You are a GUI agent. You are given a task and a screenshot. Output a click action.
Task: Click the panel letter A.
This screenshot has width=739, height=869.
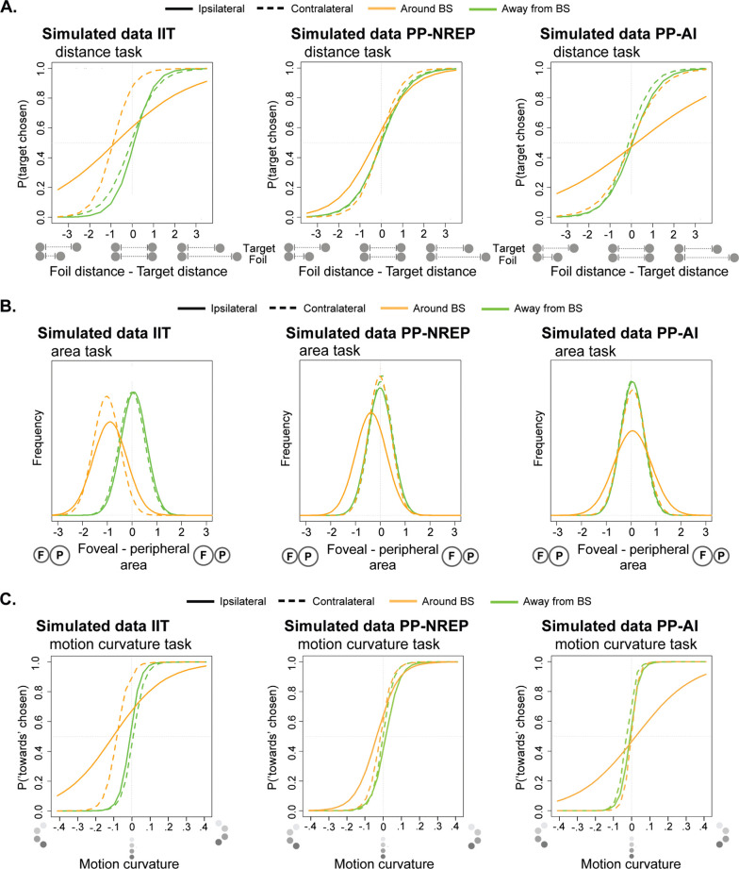[x=8, y=8]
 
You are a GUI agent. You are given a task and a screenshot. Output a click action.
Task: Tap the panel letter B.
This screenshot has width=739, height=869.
[x=8, y=306]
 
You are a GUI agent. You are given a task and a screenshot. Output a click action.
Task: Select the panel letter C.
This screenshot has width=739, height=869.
[x=8, y=599]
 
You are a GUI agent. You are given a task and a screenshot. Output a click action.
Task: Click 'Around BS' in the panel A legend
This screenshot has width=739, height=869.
[x=426, y=8]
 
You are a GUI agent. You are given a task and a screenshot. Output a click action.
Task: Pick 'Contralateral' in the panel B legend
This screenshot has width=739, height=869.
[x=335, y=309]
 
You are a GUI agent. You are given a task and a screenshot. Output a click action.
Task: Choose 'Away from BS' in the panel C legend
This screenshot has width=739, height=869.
[x=557, y=601]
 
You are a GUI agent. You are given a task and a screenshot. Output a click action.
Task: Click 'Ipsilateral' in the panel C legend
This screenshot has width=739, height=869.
[x=242, y=601]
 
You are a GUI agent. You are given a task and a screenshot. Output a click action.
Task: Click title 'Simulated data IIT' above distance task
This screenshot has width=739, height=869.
[x=108, y=34]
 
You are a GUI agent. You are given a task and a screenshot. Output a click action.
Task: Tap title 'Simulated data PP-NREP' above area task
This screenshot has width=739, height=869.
[x=378, y=333]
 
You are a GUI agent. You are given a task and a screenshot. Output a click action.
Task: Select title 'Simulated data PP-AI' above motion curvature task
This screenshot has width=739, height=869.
[x=619, y=626]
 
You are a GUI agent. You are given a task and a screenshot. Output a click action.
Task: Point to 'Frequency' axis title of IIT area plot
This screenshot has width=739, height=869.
[x=37, y=438]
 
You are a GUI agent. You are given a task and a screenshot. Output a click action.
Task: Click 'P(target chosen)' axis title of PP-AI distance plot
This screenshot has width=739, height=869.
[x=520, y=143]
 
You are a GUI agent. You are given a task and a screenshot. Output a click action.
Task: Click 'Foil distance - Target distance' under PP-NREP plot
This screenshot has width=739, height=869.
[x=387, y=272]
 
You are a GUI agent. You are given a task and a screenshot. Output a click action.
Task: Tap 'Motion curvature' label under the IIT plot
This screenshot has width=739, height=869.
[x=129, y=863]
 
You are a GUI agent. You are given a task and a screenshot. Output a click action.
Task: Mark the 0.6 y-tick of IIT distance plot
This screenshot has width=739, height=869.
[x=40, y=128]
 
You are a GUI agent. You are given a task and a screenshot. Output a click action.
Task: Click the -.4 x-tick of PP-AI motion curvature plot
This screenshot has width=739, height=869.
[x=559, y=827]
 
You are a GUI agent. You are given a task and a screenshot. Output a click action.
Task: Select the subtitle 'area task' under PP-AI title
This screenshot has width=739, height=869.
[x=585, y=351]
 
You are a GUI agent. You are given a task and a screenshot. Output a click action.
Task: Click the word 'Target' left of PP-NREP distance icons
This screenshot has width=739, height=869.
[x=509, y=248]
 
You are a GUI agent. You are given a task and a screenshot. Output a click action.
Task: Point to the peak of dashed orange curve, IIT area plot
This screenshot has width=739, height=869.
[x=107, y=396]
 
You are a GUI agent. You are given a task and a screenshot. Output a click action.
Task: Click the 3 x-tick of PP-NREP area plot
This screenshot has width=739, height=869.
[x=454, y=532]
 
